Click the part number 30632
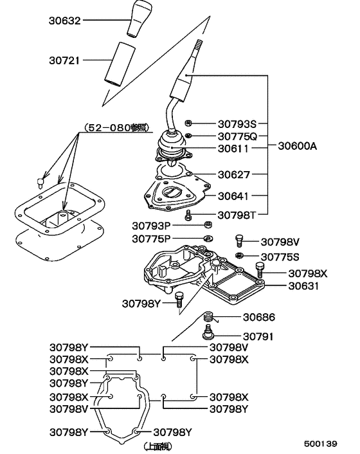pos(66,21)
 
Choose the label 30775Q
pos(237,136)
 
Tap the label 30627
pos(233,174)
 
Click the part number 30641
pos(233,195)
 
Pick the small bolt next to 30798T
pos(188,214)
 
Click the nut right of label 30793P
pos(208,225)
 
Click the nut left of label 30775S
pos(239,256)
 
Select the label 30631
pos(303,286)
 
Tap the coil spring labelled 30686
pos(208,317)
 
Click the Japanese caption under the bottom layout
pos(156,445)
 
